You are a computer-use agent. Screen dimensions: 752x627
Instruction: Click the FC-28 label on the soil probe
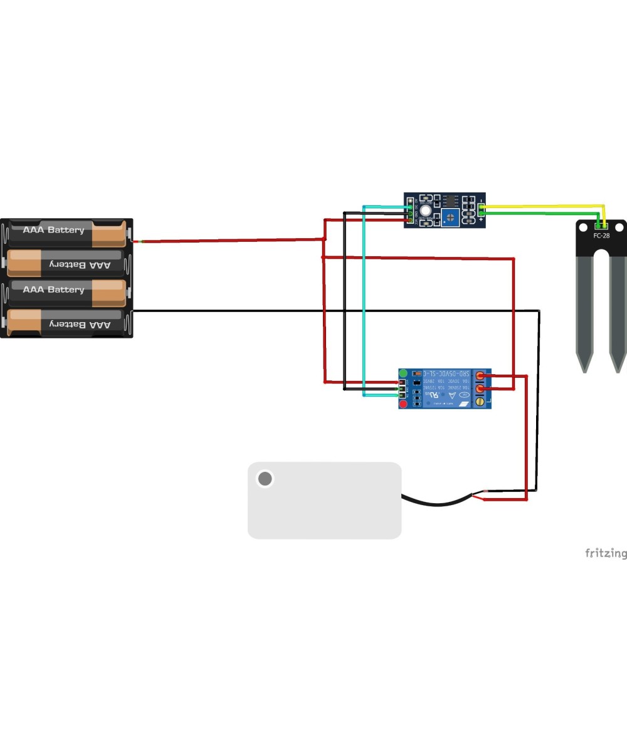(x=601, y=236)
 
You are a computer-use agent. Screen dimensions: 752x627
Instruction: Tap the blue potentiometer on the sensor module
(x=450, y=217)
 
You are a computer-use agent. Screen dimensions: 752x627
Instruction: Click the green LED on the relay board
(x=403, y=373)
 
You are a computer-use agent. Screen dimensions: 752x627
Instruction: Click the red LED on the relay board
(x=403, y=404)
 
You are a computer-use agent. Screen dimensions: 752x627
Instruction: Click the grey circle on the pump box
(x=265, y=479)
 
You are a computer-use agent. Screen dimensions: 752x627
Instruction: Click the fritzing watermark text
(x=605, y=553)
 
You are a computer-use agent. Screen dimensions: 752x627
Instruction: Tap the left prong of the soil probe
(x=584, y=313)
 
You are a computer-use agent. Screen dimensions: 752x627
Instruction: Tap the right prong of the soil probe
(x=618, y=313)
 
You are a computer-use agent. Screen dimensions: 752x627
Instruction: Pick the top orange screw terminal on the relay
(x=480, y=376)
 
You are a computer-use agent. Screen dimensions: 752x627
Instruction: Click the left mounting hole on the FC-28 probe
(x=583, y=227)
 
